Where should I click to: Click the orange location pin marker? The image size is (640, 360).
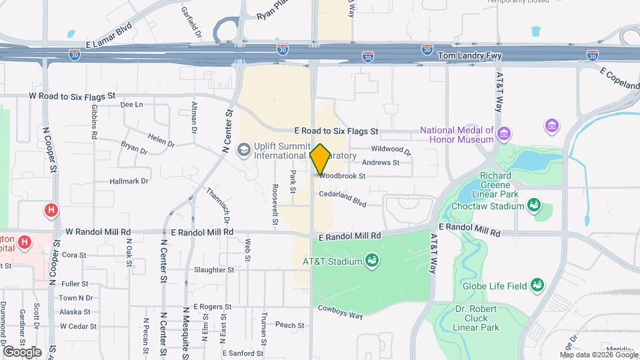(320, 159)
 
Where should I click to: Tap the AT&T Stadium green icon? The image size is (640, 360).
(372, 261)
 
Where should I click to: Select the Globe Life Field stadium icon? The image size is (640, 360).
(537, 285)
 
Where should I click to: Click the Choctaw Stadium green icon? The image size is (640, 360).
(533, 205)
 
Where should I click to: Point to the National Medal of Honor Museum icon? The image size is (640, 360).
(504, 135)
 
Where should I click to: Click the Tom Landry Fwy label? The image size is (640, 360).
(473, 56)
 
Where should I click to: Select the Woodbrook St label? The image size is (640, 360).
(343, 177)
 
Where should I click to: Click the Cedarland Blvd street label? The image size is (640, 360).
(343, 198)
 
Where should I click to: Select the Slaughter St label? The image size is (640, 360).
(213, 270)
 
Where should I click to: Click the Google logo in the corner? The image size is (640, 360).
(22, 351)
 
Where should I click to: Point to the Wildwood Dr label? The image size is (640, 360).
(391, 151)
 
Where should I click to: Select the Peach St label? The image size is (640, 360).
(290, 325)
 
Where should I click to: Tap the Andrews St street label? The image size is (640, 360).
(381, 163)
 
